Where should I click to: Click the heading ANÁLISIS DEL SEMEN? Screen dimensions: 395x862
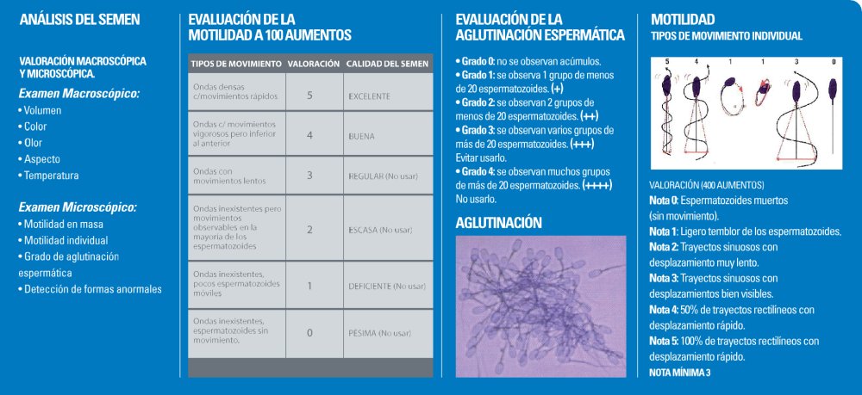[x=79, y=19]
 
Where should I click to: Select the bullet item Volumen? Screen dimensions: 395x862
[x=42, y=111]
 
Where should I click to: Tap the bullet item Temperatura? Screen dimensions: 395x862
[x=51, y=176]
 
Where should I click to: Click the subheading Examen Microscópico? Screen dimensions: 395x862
[x=78, y=207]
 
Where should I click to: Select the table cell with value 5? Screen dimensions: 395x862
[x=309, y=94]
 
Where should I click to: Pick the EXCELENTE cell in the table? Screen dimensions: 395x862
[x=370, y=96]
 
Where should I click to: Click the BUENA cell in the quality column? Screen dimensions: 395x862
[x=361, y=135]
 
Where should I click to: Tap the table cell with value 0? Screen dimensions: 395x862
[x=309, y=332]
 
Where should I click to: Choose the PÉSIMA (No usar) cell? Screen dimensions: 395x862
[x=379, y=333]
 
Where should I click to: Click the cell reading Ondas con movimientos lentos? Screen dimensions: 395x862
[x=226, y=176]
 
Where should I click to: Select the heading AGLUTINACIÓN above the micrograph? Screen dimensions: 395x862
[x=498, y=222]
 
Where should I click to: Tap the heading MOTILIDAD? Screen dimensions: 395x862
[x=683, y=19]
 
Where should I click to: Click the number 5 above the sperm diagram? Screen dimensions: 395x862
[x=666, y=62]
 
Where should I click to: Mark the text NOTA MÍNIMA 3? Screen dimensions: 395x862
[x=679, y=372]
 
